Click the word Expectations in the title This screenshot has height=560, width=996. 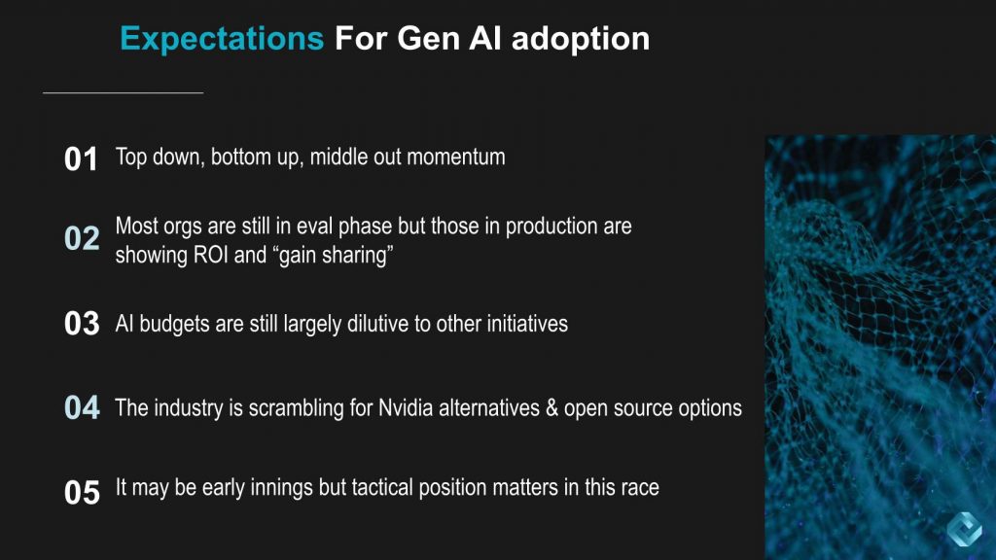pyautogui.click(x=222, y=39)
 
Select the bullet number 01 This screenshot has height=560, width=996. pyautogui.click(x=82, y=159)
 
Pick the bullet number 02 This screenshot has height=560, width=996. pyautogui.click(x=82, y=239)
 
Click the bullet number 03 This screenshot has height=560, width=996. pyautogui.click(x=82, y=324)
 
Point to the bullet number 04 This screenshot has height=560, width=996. pyautogui.click(x=82, y=407)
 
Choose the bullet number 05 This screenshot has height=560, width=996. pyautogui.click(x=82, y=492)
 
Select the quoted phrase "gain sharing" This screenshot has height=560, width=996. pyautogui.click(x=335, y=256)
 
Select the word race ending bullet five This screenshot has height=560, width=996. pyautogui.click(x=639, y=488)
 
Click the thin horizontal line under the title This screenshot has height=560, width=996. pyautogui.click(x=124, y=93)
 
